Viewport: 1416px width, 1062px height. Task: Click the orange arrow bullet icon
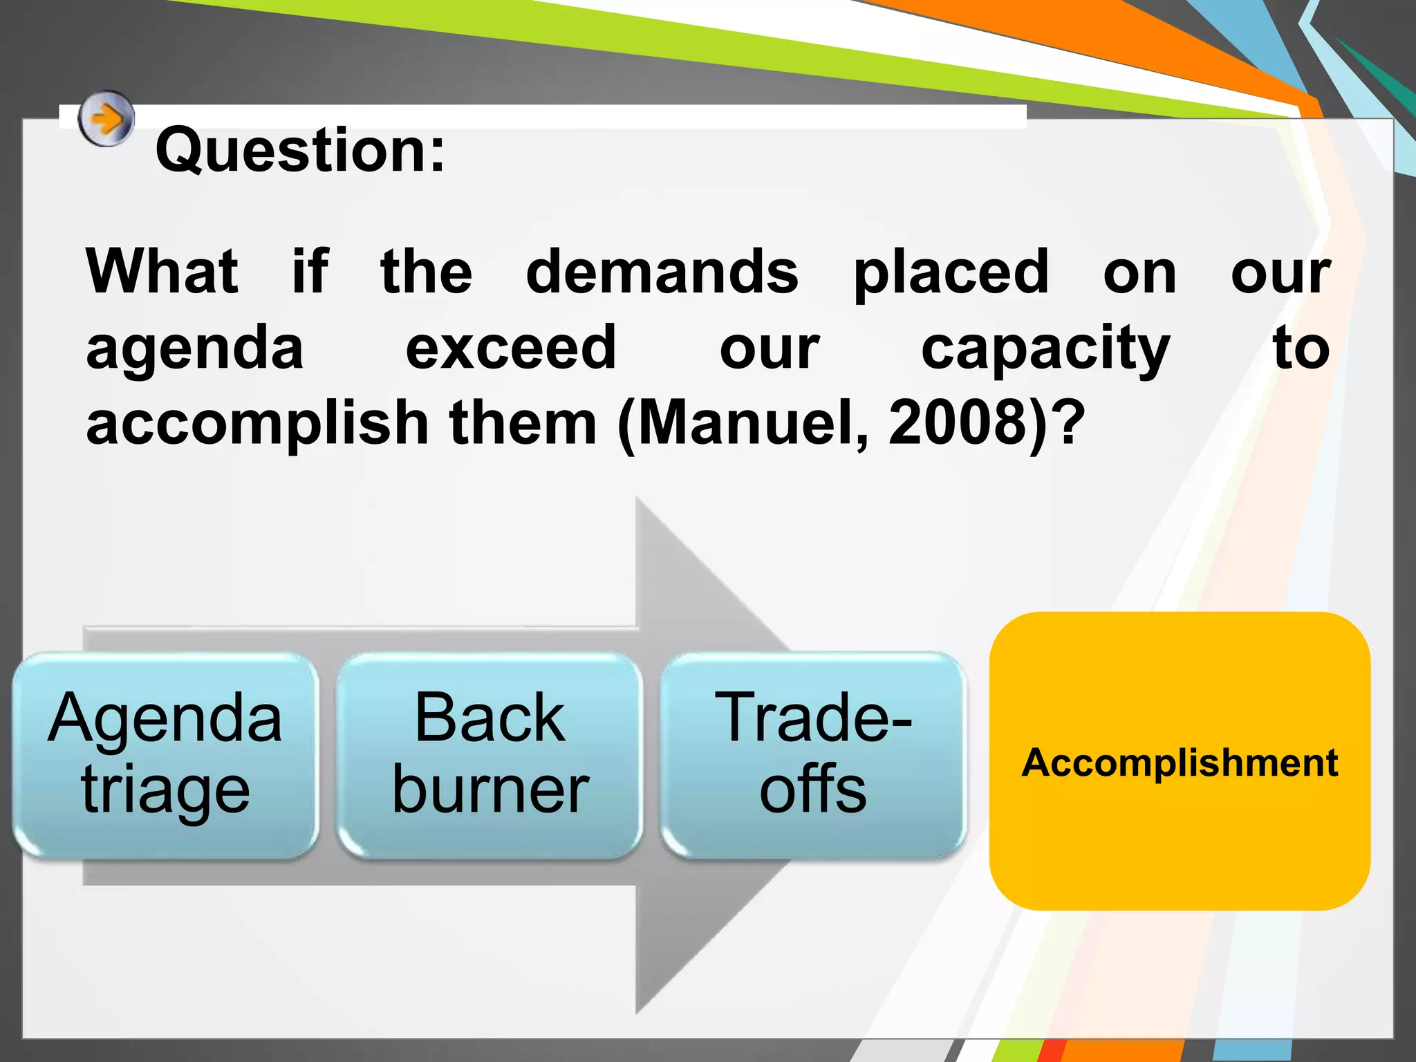coord(105,119)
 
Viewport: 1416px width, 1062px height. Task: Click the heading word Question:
coord(300,150)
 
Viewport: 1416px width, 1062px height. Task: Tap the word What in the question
coord(162,272)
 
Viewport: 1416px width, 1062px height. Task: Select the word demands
coord(662,272)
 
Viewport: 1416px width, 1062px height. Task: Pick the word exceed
coord(510,347)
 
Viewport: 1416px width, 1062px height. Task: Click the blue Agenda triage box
coord(165,755)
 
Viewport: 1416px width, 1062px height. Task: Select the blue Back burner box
coord(490,755)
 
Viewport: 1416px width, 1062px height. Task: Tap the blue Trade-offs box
coord(813,755)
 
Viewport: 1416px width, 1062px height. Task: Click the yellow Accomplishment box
coord(1180,761)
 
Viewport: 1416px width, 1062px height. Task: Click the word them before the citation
coord(523,423)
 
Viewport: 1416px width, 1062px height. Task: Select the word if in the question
coord(310,272)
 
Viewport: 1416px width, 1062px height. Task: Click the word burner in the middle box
coord(490,790)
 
